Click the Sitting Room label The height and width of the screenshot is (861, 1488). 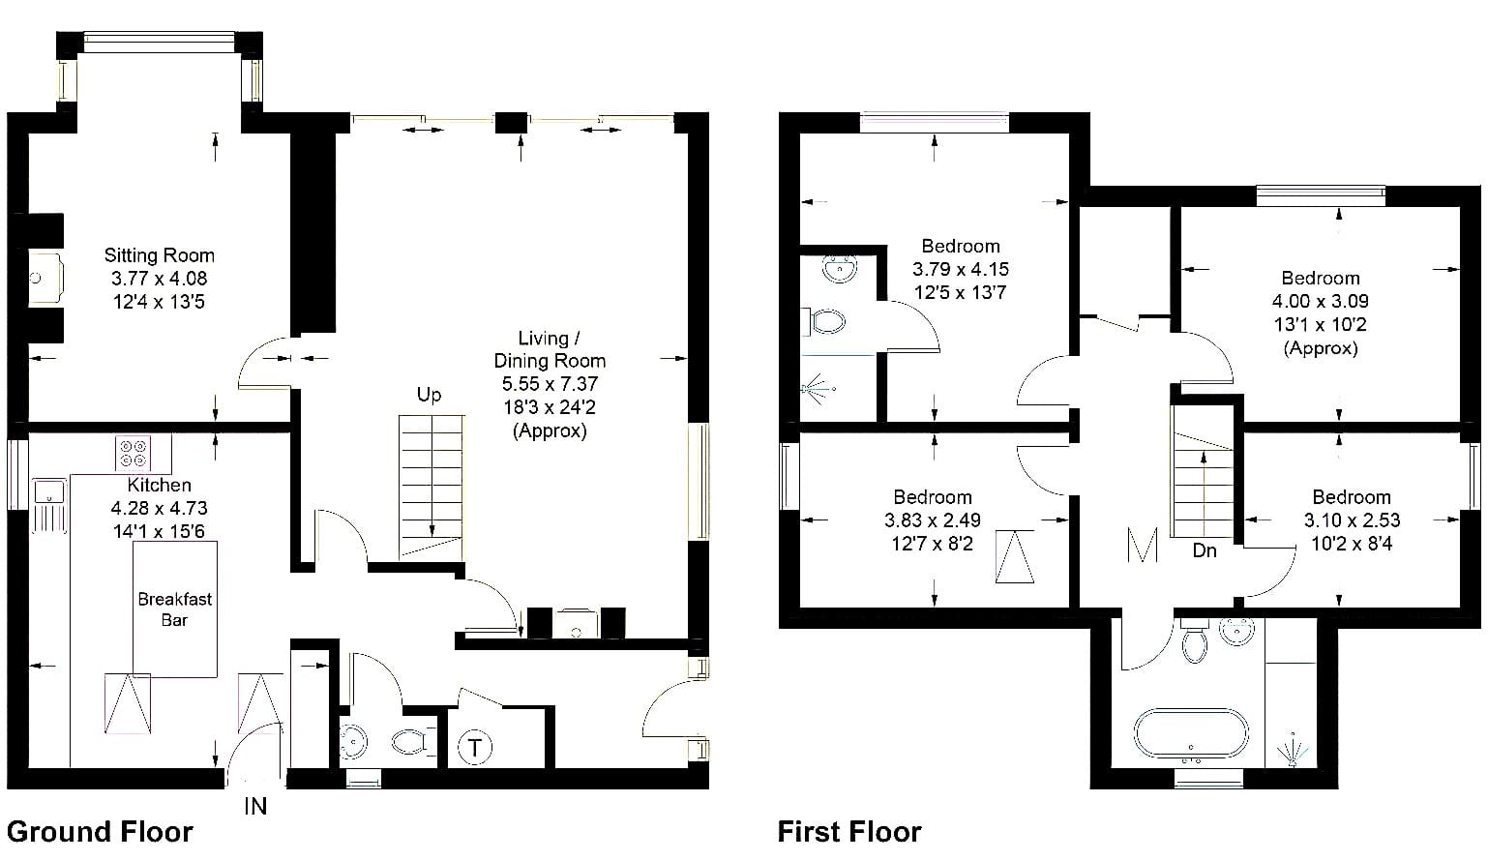(x=160, y=255)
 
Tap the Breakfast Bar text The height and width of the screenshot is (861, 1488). (x=175, y=609)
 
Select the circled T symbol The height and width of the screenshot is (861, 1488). (x=475, y=748)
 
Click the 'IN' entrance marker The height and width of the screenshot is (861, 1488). (x=255, y=807)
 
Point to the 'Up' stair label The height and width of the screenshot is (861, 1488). (x=430, y=395)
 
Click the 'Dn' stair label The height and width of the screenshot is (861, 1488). (x=1205, y=550)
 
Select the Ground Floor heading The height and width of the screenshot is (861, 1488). (x=100, y=832)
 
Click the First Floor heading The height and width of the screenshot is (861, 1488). (x=849, y=832)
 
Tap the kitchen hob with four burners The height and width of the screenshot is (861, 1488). (x=132, y=453)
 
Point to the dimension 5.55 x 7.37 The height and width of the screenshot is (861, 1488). (x=551, y=384)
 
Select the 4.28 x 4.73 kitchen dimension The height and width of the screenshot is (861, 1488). (x=160, y=508)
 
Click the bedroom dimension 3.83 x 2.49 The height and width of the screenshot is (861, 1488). (x=933, y=520)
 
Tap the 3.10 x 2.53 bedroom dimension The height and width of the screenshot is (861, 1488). (x=1352, y=520)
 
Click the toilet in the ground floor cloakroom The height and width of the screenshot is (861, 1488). (x=410, y=741)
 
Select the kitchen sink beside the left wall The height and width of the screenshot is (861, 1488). (x=49, y=492)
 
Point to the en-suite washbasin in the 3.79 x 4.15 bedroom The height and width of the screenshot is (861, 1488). (x=840, y=269)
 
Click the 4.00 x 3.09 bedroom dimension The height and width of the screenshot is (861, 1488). (x=1321, y=301)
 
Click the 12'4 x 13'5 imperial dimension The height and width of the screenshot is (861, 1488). (x=160, y=302)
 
